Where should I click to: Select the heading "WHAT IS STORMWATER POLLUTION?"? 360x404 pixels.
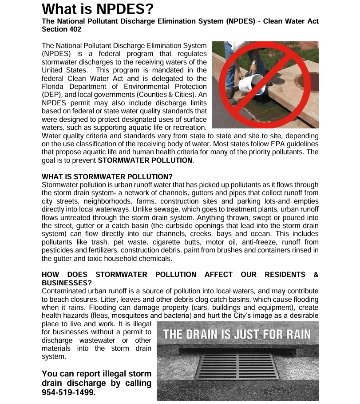pyautogui.click(x=107, y=176)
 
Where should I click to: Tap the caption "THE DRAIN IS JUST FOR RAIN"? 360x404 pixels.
pyautogui.click(x=237, y=334)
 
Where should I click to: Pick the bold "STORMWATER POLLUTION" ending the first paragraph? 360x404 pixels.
pyautogui.click(x=145, y=160)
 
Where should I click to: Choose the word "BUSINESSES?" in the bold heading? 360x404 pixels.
pyautogui.click(x=67, y=283)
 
